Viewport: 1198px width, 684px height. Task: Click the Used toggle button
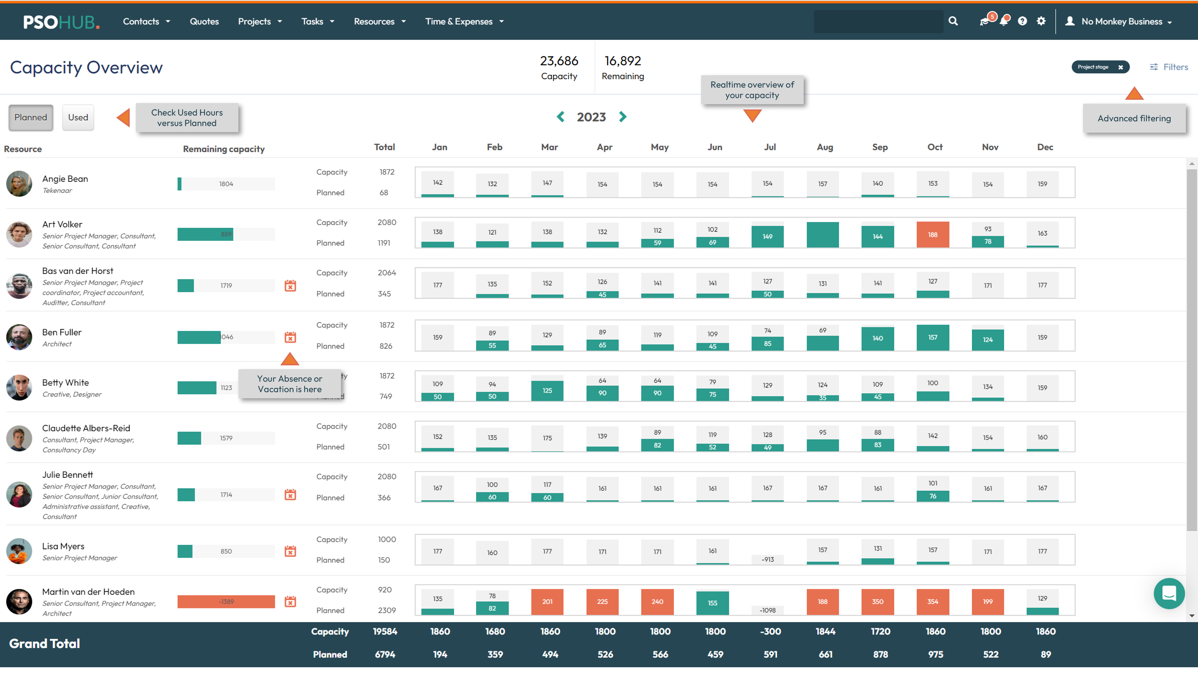78,117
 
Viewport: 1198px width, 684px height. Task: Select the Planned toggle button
30,117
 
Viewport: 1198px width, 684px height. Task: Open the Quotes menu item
204,22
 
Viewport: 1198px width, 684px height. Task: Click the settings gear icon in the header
1041,21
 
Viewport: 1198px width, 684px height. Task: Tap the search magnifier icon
953,21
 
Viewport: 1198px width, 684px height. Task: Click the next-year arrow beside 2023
623,117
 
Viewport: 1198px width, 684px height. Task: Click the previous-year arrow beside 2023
560,117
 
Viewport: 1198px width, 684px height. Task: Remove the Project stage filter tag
1121,67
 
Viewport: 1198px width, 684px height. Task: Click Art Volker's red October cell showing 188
933,234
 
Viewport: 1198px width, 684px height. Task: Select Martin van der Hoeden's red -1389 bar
226,602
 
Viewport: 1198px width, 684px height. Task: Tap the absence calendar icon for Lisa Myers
290,551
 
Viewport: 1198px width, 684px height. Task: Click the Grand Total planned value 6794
385,654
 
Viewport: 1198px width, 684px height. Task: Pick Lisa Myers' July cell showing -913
767,559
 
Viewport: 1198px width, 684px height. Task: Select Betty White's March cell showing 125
547,391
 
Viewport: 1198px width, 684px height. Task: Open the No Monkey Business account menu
1121,22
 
